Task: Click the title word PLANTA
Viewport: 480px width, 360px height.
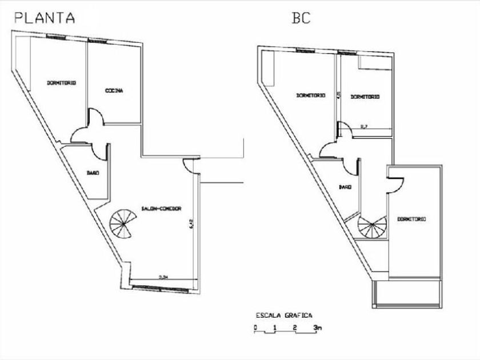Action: (x=45, y=17)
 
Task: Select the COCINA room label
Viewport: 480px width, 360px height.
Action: (x=114, y=91)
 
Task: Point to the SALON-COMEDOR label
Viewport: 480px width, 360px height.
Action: (x=160, y=209)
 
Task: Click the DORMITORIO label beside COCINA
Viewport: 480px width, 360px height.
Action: (x=62, y=83)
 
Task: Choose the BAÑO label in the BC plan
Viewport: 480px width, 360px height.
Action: (x=344, y=187)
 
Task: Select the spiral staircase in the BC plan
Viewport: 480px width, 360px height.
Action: (x=373, y=227)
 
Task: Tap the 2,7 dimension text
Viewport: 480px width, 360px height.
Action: (x=363, y=127)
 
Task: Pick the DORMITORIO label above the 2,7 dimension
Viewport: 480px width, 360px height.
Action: (x=365, y=97)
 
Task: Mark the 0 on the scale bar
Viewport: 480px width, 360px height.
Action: (x=257, y=327)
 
